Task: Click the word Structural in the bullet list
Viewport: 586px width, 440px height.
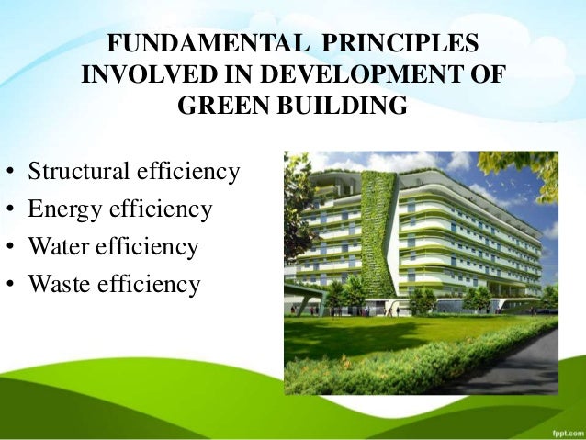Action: coord(79,172)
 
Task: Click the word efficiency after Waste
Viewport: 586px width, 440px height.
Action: coord(150,285)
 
